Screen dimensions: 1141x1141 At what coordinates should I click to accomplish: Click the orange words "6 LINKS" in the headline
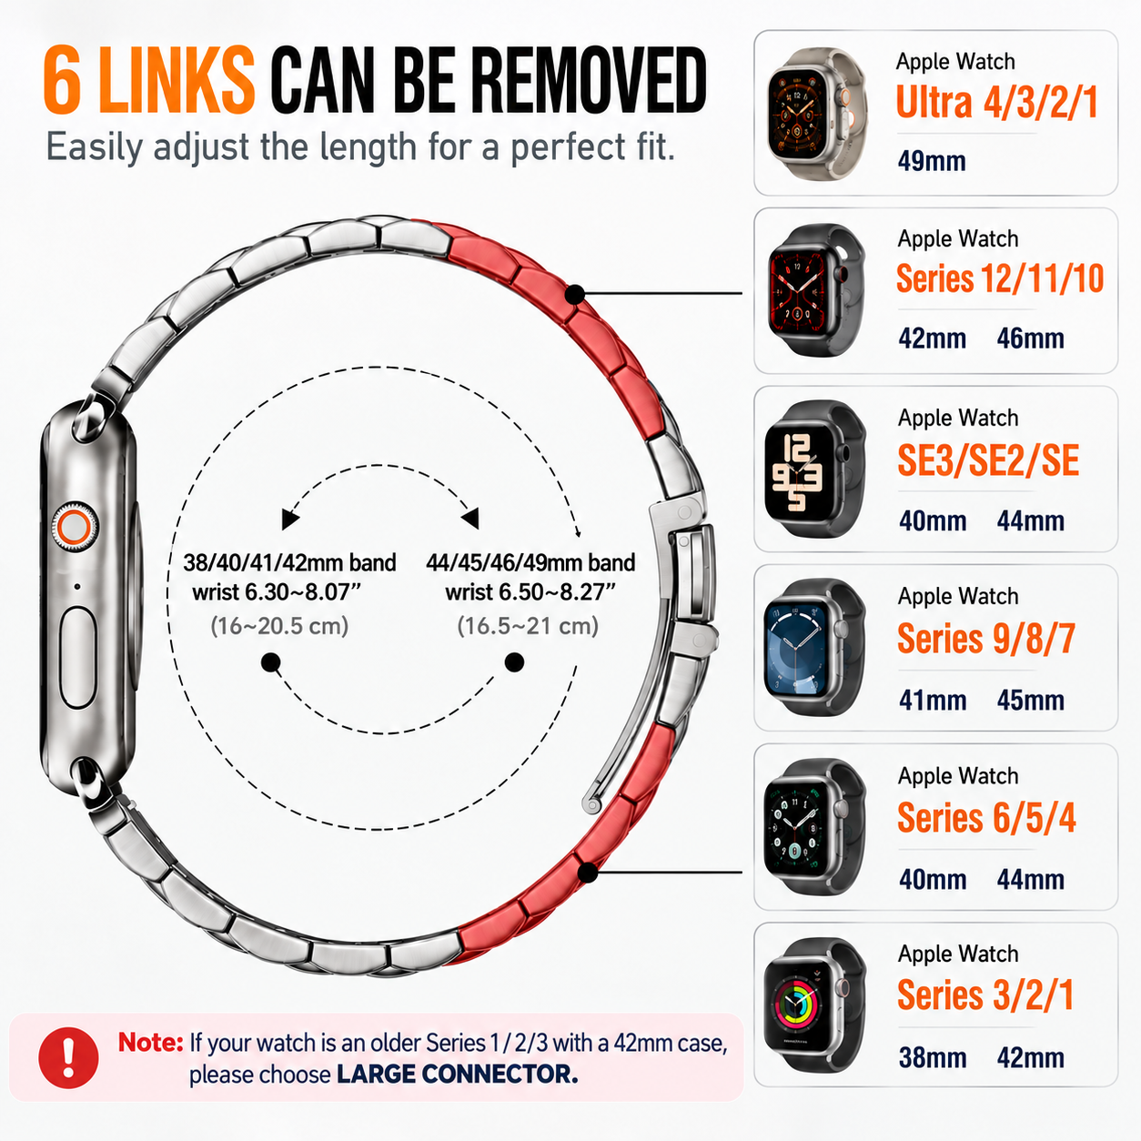click(148, 80)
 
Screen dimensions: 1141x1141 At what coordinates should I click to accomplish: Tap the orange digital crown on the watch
click(74, 526)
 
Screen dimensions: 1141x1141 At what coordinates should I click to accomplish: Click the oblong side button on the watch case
click(77, 657)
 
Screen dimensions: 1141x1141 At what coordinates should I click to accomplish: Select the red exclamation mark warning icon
click(68, 1057)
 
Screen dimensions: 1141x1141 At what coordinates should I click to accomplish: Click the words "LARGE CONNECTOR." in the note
click(457, 1074)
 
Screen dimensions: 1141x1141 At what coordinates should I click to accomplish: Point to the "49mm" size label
click(932, 160)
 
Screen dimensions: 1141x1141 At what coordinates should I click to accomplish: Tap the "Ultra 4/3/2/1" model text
click(998, 102)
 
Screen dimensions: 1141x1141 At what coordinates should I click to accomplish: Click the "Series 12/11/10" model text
click(1000, 278)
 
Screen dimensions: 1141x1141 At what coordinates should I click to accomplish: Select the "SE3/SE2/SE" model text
click(988, 460)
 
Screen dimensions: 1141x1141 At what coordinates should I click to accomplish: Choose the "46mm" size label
click(1030, 338)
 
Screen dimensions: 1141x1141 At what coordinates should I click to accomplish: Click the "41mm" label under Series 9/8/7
click(933, 700)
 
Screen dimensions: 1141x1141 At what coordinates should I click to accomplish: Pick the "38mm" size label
click(933, 1057)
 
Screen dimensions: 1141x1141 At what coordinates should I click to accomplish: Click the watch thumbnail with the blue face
click(814, 647)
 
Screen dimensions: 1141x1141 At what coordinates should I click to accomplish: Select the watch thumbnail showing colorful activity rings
click(814, 1005)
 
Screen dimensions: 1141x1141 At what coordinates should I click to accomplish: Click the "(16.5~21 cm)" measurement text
click(528, 625)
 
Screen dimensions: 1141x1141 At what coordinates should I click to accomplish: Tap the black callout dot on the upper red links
click(574, 294)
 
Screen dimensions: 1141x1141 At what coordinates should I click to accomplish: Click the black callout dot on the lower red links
click(588, 873)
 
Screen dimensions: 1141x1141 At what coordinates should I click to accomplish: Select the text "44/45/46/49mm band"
click(530, 562)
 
